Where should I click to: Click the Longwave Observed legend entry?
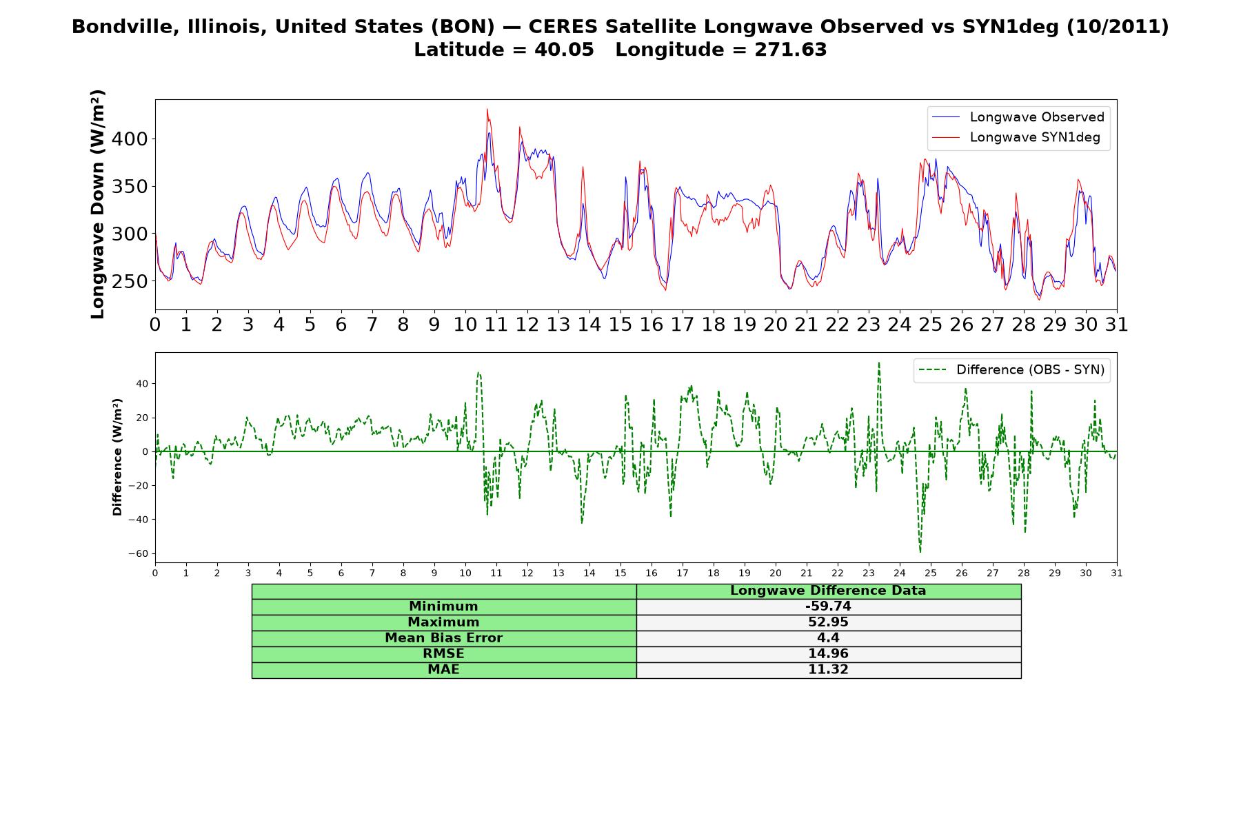tap(1018, 117)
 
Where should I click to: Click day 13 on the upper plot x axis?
tap(558, 325)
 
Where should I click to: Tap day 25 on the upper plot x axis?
tap(931, 325)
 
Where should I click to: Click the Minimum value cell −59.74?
tap(828, 606)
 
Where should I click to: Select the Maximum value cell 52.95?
tap(828, 622)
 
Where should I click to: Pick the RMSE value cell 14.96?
tap(828, 654)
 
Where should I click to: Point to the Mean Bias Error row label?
tap(443, 638)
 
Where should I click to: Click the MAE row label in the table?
tap(443, 670)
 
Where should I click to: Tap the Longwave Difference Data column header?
tap(828, 591)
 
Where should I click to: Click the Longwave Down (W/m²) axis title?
tap(98, 204)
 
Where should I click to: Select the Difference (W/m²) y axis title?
tap(117, 457)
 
